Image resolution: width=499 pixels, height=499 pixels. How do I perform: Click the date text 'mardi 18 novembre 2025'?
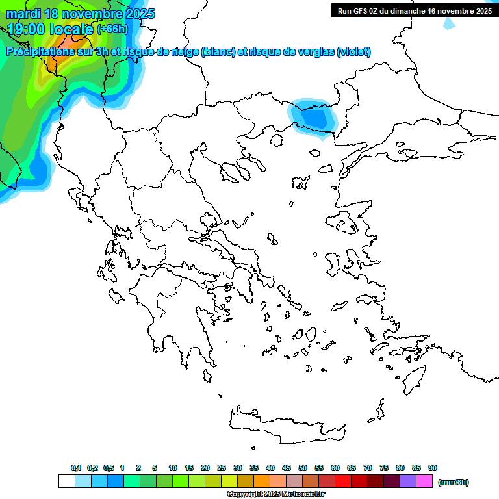[81, 14]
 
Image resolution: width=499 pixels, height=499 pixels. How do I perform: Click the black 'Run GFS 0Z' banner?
[415, 10]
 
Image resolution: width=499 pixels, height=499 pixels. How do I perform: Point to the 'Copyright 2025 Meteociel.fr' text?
[275, 494]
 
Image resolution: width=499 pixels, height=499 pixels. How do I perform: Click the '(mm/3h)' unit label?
[453, 482]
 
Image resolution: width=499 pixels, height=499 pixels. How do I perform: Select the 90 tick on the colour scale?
[433, 468]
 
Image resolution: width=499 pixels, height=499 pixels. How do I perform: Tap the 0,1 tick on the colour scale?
[75, 468]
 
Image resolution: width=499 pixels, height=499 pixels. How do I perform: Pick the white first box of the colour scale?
[67, 481]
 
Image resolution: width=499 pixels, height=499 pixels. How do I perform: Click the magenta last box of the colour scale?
[424, 481]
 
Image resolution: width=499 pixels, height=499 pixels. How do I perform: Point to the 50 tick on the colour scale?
[303, 468]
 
